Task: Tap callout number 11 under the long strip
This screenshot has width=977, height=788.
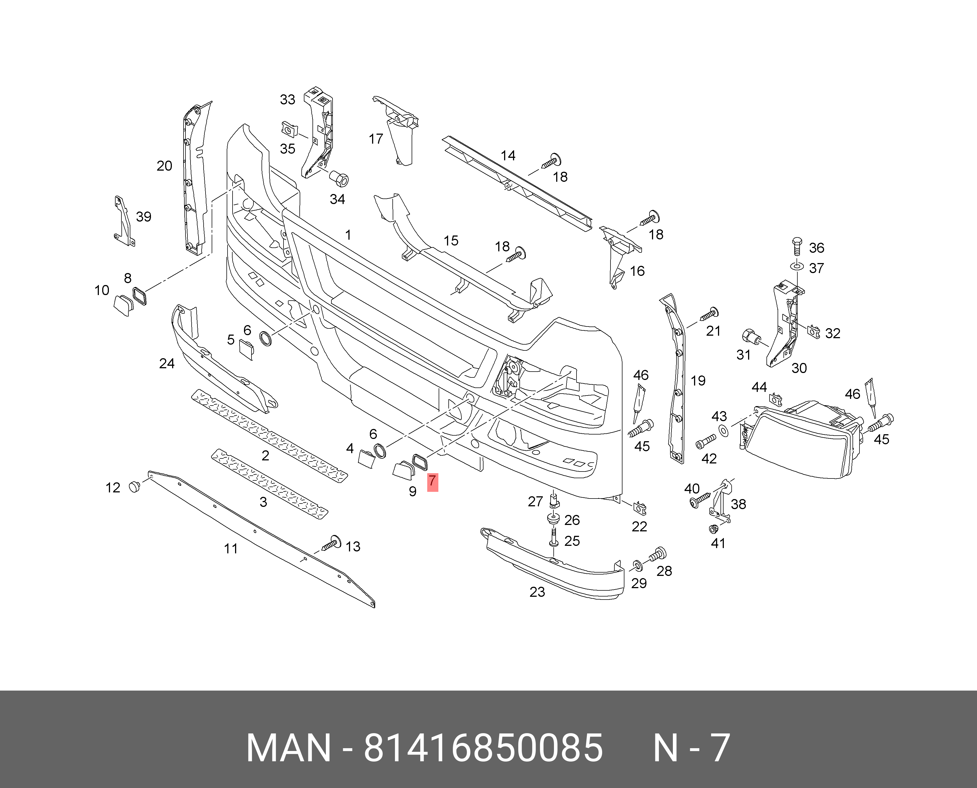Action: tap(231, 549)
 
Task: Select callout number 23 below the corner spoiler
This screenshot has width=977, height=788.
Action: tap(537, 592)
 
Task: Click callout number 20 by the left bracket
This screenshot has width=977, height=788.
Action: tap(164, 166)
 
